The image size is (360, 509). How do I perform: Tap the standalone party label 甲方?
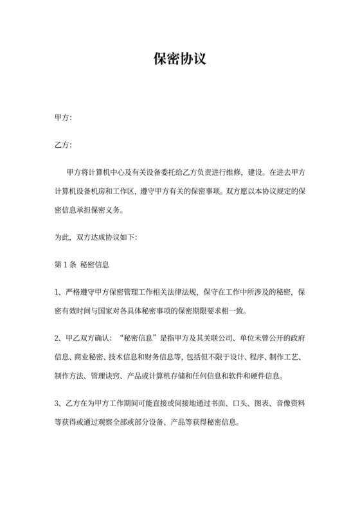pyautogui.click(x=63, y=118)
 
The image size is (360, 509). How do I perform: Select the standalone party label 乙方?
pyautogui.click(x=63, y=145)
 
